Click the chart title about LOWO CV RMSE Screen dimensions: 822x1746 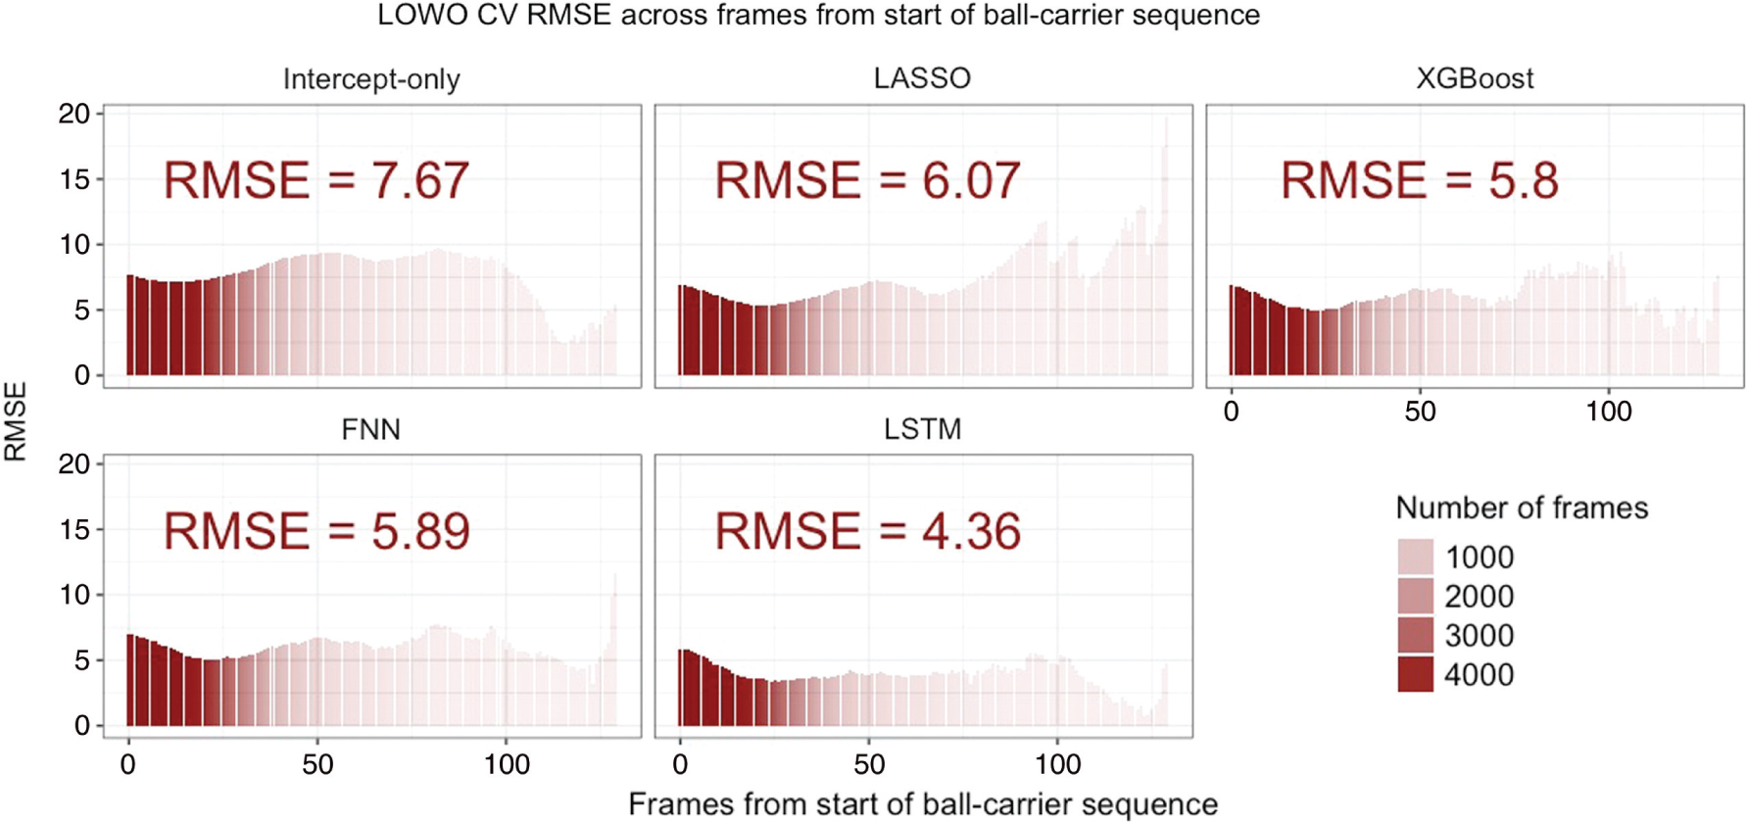click(818, 16)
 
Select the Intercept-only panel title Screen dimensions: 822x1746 click(371, 79)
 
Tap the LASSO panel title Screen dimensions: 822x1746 click(922, 78)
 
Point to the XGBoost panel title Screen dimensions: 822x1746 click(1474, 78)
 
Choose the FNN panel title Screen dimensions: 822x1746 click(370, 429)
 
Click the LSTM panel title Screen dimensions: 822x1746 click(922, 429)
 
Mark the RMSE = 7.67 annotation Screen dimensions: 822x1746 click(315, 181)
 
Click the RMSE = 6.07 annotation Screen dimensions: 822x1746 click(867, 181)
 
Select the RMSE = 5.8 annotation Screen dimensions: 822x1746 click(1419, 181)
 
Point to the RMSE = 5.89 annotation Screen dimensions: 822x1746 click(315, 531)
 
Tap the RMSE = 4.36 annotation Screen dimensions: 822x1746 click(867, 531)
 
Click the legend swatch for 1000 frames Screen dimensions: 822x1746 click(1415, 556)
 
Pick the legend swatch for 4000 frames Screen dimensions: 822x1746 click(1415, 674)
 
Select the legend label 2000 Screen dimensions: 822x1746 click(1479, 597)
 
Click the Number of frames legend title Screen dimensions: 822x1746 click(1521, 508)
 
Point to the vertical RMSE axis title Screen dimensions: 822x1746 click(17, 421)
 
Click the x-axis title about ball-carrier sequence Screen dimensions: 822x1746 click(922, 804)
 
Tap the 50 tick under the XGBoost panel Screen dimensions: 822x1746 click(1420, 411)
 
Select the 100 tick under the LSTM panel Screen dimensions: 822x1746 click(1058, 764)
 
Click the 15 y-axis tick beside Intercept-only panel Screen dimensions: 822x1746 click(74, 179)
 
